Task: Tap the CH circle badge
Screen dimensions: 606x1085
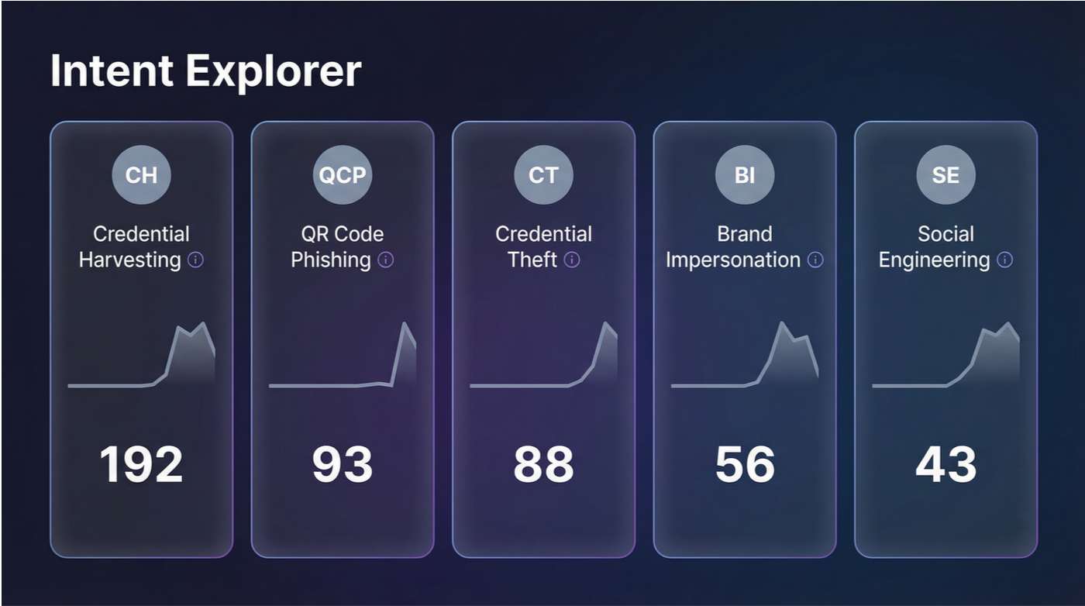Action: point(141,175)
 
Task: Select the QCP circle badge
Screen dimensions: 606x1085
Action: point(343,175)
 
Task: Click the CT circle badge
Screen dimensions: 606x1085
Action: point(543,175)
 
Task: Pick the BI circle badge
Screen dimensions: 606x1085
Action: point(745,175)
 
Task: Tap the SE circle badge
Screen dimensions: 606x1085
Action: point(945,175)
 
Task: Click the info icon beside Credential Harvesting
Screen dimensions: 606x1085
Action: point(196,260)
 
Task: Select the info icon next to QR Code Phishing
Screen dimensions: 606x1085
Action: point(385,260)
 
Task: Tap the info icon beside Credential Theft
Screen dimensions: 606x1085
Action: point(572,260)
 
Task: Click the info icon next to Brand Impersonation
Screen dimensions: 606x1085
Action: point(815,260)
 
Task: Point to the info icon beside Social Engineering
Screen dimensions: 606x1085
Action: point(1005,260)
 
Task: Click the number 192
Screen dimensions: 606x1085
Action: point(141,464)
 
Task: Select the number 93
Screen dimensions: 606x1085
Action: point(343,464)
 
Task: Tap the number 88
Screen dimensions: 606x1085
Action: point(543,464)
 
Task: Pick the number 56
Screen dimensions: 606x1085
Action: point(745,464)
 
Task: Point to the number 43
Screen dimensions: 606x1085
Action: point(945,464)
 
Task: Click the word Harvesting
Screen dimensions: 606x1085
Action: point(130,260)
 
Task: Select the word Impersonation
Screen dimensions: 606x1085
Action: point(733,260)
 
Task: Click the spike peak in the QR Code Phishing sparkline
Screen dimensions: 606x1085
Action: point(404,323)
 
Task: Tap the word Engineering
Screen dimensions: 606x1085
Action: point(934,260)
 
